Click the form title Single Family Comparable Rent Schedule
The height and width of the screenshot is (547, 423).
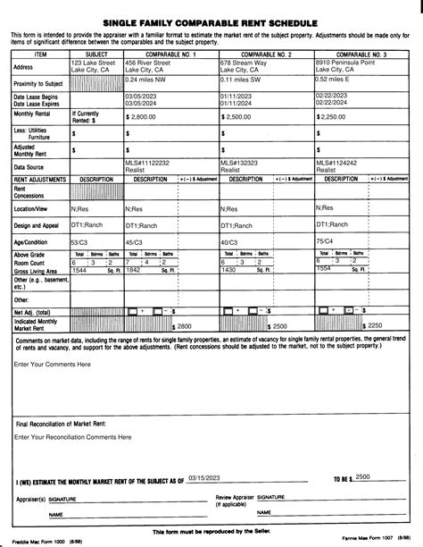click(211, 19)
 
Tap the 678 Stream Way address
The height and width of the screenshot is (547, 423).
click(246, 63)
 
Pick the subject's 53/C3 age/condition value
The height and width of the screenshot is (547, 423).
click(80, 241)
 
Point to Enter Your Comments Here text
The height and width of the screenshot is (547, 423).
click(53, 365)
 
